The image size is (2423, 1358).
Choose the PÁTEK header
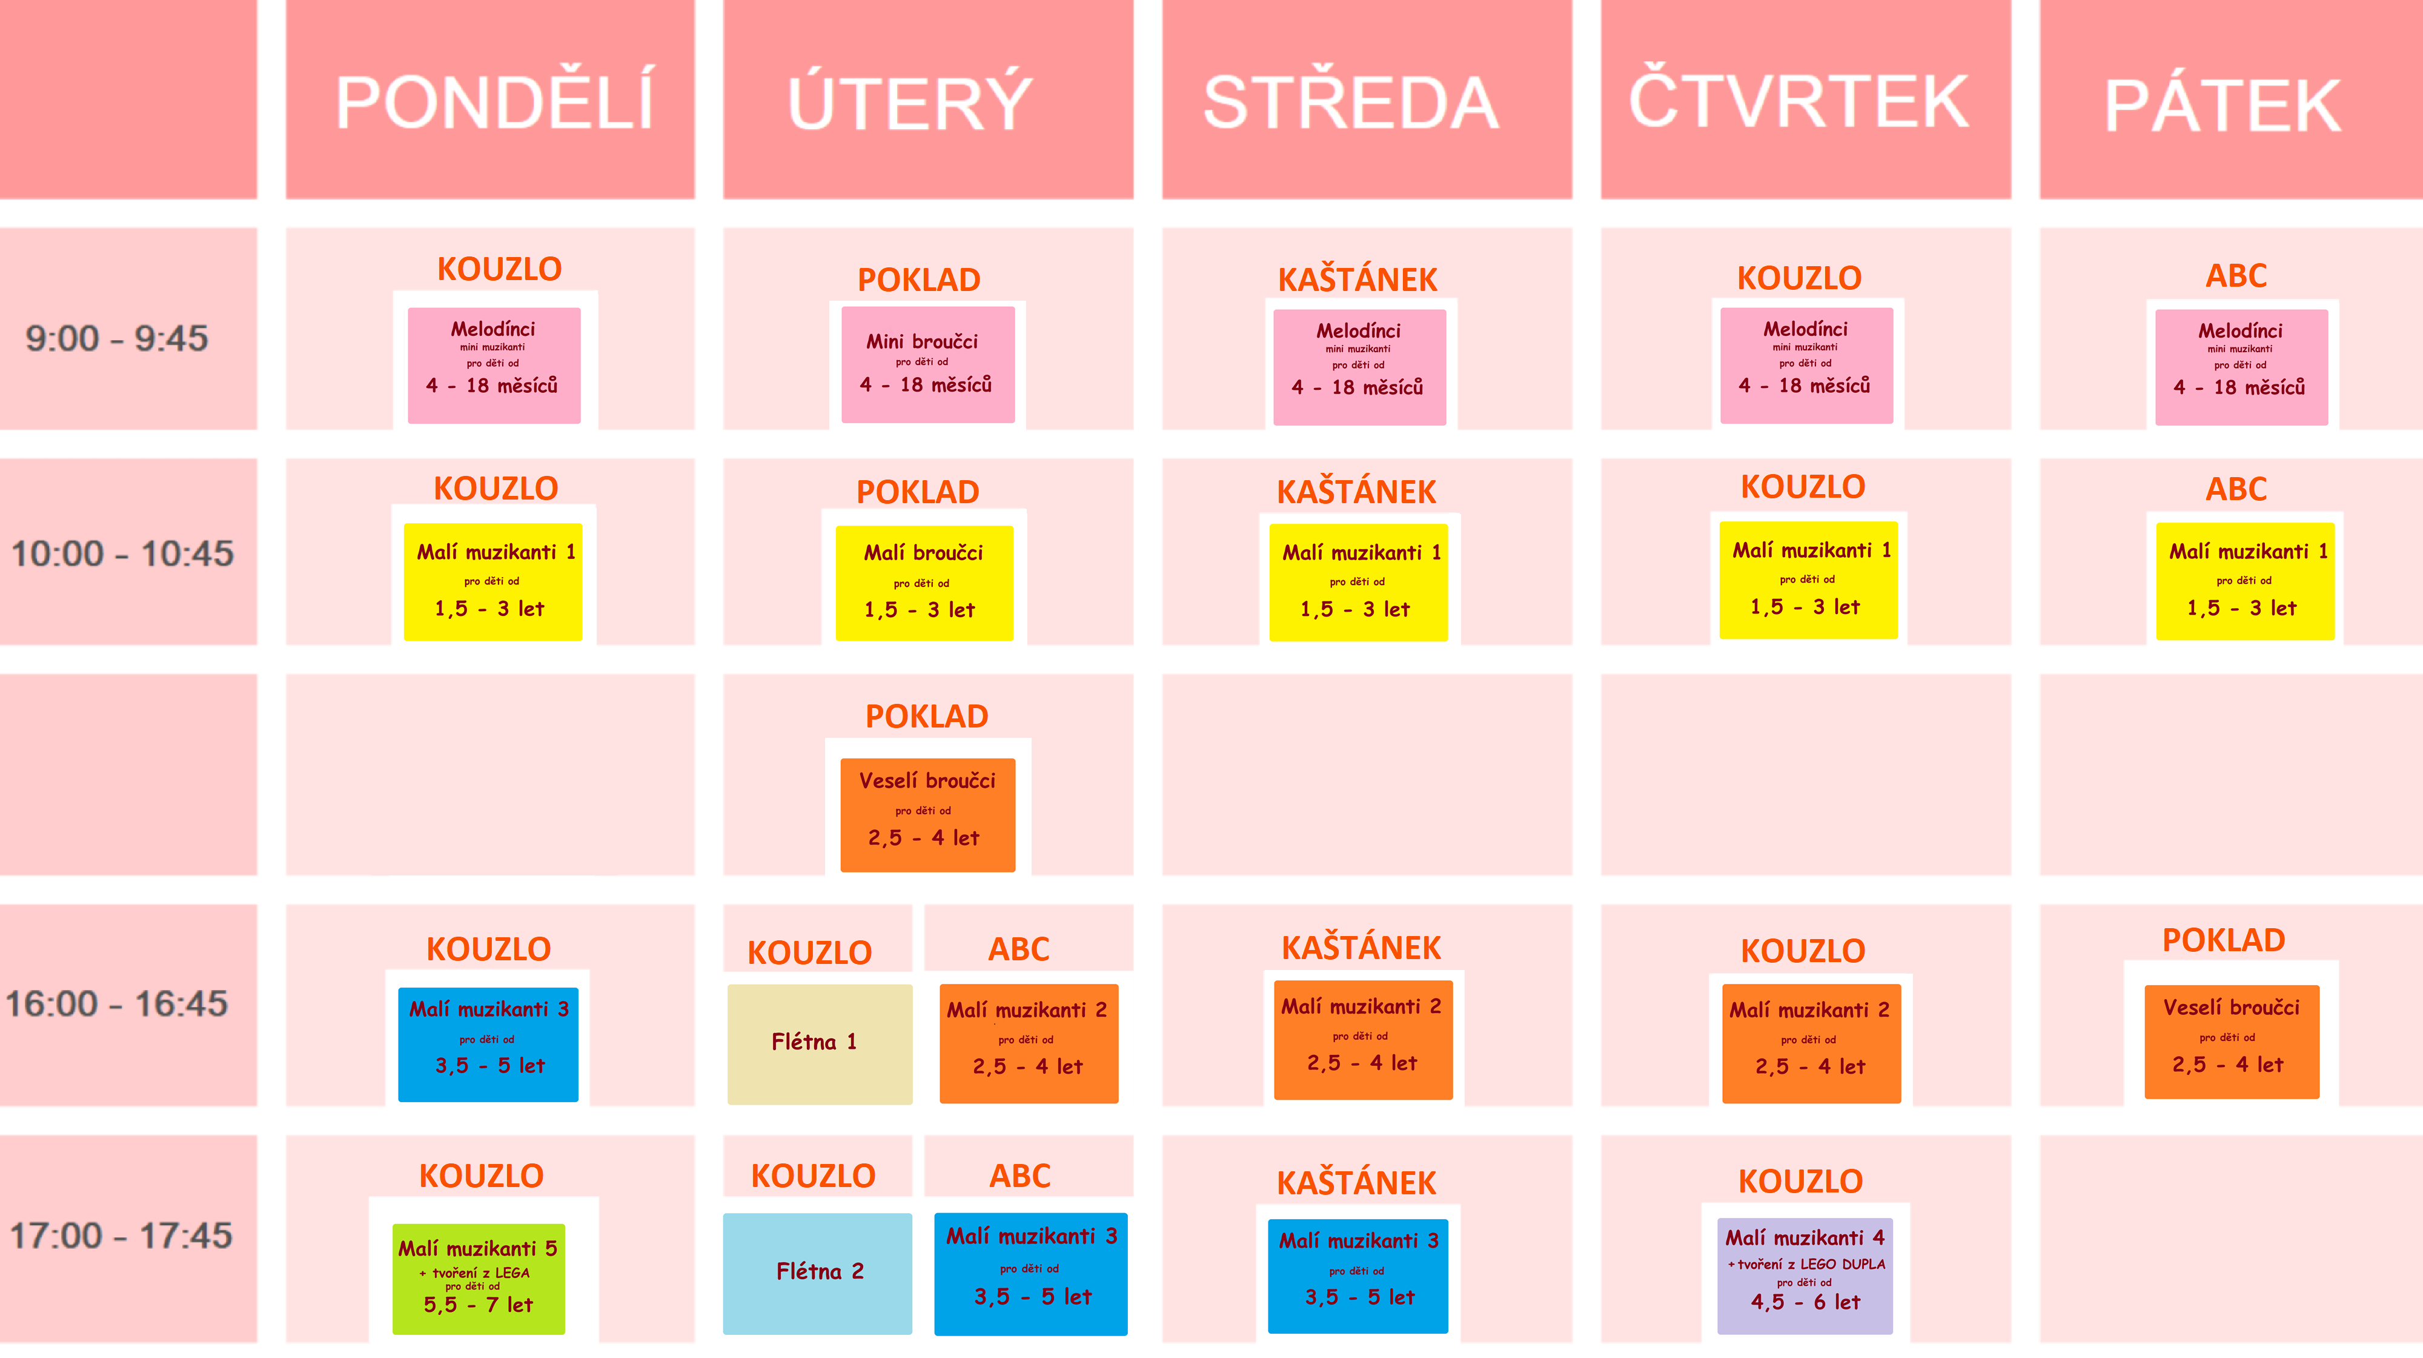pos(2222,105)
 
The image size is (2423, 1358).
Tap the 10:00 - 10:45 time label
pos(122,554)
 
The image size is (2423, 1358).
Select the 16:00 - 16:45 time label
pos(117,1004)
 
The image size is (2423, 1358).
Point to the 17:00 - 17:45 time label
pos(121,1236)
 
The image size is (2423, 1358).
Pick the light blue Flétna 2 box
pos(817,1273)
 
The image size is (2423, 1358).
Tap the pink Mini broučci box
pos(927,364)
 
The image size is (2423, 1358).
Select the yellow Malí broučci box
pos(924,583)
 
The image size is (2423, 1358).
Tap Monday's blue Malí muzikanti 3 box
pos(488,1044)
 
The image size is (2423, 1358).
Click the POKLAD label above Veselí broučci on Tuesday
pos(927,716)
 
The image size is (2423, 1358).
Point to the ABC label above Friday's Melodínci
pos(2236,276)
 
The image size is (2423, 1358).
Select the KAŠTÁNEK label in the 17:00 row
pos(1356,1183)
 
